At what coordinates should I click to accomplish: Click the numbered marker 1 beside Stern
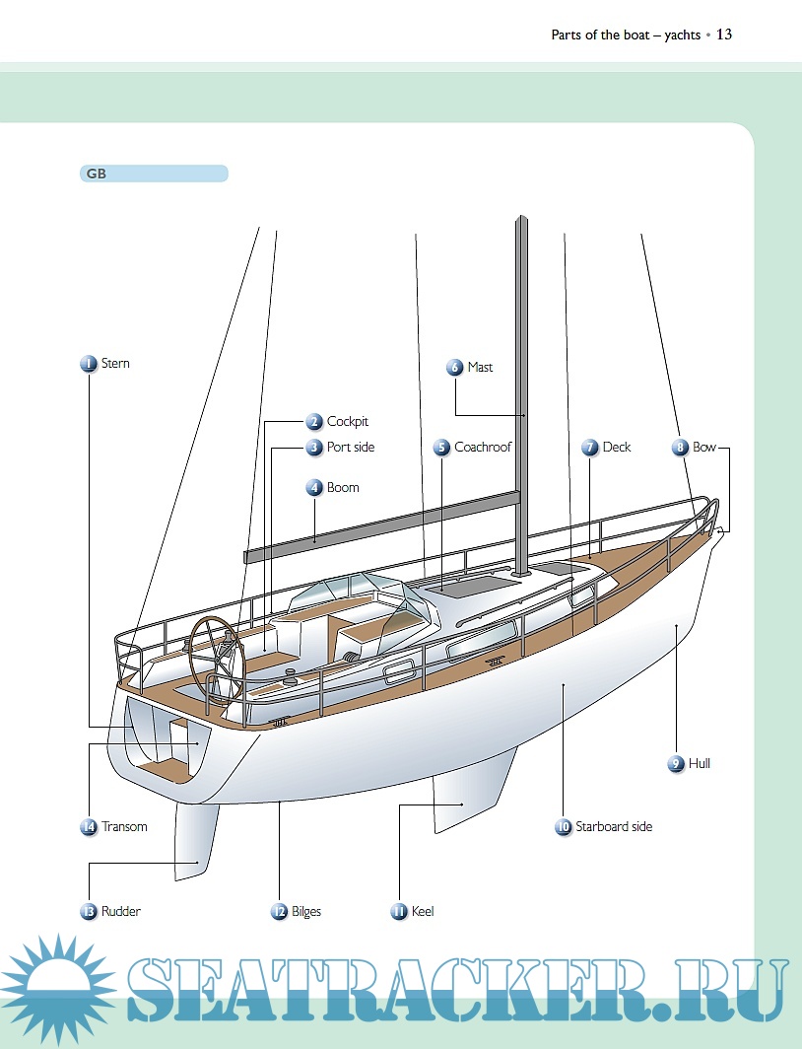click(x=89, y=364)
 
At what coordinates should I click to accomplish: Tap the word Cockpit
click(x=347, y=422)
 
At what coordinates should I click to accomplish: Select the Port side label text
click(x=351, y=448)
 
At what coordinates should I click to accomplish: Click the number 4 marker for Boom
click(x=314, y=488)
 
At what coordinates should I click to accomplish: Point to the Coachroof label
click(x=483, y=448)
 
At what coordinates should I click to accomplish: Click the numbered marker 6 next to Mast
click(x=454, y=368)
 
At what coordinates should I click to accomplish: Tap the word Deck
click(x=617, y=448)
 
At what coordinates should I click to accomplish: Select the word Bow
click(x=704, y=448)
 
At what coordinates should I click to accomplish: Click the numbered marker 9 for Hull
click(x=676, y=764)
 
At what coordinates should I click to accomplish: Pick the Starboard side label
click(x=614, y=827)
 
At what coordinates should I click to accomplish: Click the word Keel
click(x=423, y=912)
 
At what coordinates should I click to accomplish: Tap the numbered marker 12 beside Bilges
click(x=280, y=912)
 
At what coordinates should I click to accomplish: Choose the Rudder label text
click(x=121, y=912)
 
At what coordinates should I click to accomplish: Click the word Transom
click(x=124, y=827)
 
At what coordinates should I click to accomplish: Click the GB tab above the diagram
click(x=154, y=174)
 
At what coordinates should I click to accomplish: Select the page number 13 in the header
click(x=724, y=35)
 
